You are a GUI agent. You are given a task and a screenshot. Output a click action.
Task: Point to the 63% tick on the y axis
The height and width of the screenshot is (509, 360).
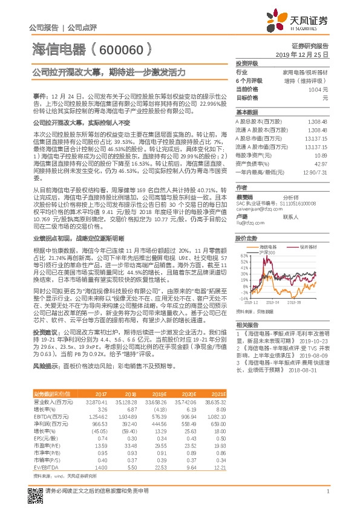click(x=244, y=256)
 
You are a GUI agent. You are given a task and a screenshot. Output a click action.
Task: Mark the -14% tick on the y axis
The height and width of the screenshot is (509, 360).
click(x=244, y=298)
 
